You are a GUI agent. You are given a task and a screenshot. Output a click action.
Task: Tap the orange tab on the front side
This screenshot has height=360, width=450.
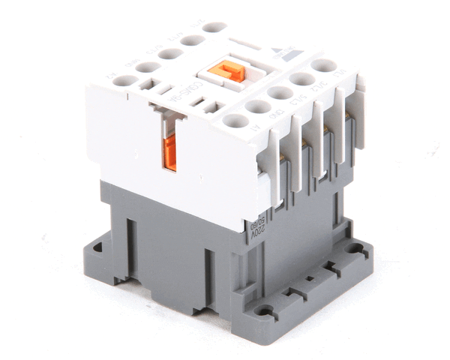169,152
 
